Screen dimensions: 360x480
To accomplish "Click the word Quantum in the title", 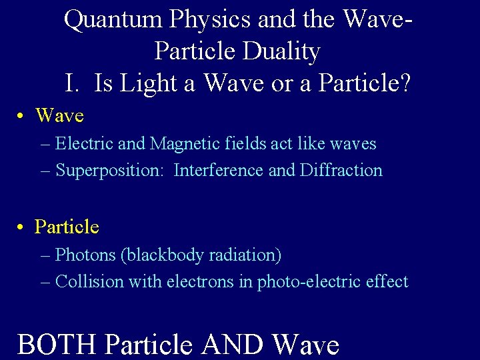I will (x=113, y=20).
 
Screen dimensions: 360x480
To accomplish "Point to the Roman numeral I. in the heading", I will (x=73, y=83).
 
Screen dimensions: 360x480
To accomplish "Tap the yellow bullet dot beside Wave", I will (x=22, y=116).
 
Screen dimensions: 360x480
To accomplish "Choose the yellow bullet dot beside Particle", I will (x=22, y=227).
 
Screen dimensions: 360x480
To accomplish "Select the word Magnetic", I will (x=179, y=143).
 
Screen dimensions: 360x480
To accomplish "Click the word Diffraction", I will (x=341, y=171).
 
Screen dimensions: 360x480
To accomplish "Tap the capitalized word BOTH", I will (x=58, y=345).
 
